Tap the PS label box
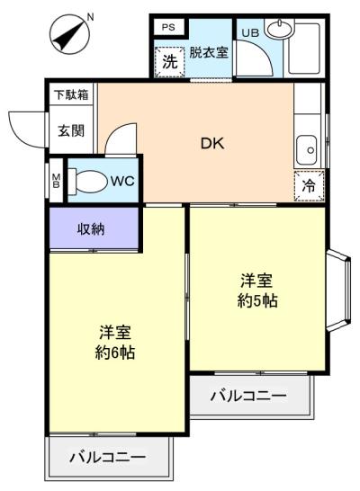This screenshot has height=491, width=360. (167, 27)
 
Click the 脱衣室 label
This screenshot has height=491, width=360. (209, 54)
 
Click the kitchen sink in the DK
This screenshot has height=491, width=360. (308, 147)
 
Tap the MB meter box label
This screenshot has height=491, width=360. (55, 179)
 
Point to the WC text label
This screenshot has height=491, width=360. (122, 180)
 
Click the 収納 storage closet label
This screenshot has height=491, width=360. (91, 228)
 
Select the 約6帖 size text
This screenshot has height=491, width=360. (115, 352)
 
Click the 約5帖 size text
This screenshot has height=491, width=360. (256, 300)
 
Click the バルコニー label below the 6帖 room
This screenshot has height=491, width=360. (107, 457)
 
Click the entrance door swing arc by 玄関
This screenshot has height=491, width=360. (23, 126)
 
